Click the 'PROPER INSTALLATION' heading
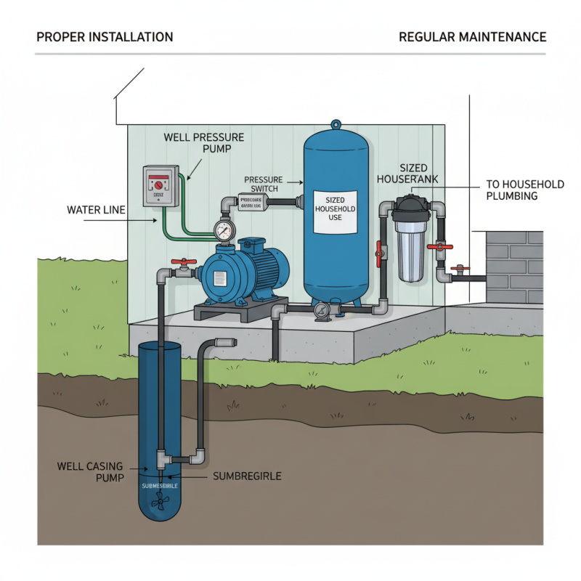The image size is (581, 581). coord(105,37)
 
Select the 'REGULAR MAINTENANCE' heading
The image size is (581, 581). coord(472,37)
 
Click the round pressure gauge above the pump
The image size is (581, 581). coord(225,231)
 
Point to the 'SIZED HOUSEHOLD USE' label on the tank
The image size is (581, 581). coord(335,210)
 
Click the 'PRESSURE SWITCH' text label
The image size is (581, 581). coord(263,184)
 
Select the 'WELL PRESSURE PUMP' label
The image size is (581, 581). coord(204,142)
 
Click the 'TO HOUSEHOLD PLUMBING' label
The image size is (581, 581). coord(524,190)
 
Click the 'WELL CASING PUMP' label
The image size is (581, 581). coord(89,471)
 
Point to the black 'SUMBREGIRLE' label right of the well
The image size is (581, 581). coord(246,476)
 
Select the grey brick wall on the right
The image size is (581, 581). coord(513,267)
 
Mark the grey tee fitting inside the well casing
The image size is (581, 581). coord(162,459)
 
